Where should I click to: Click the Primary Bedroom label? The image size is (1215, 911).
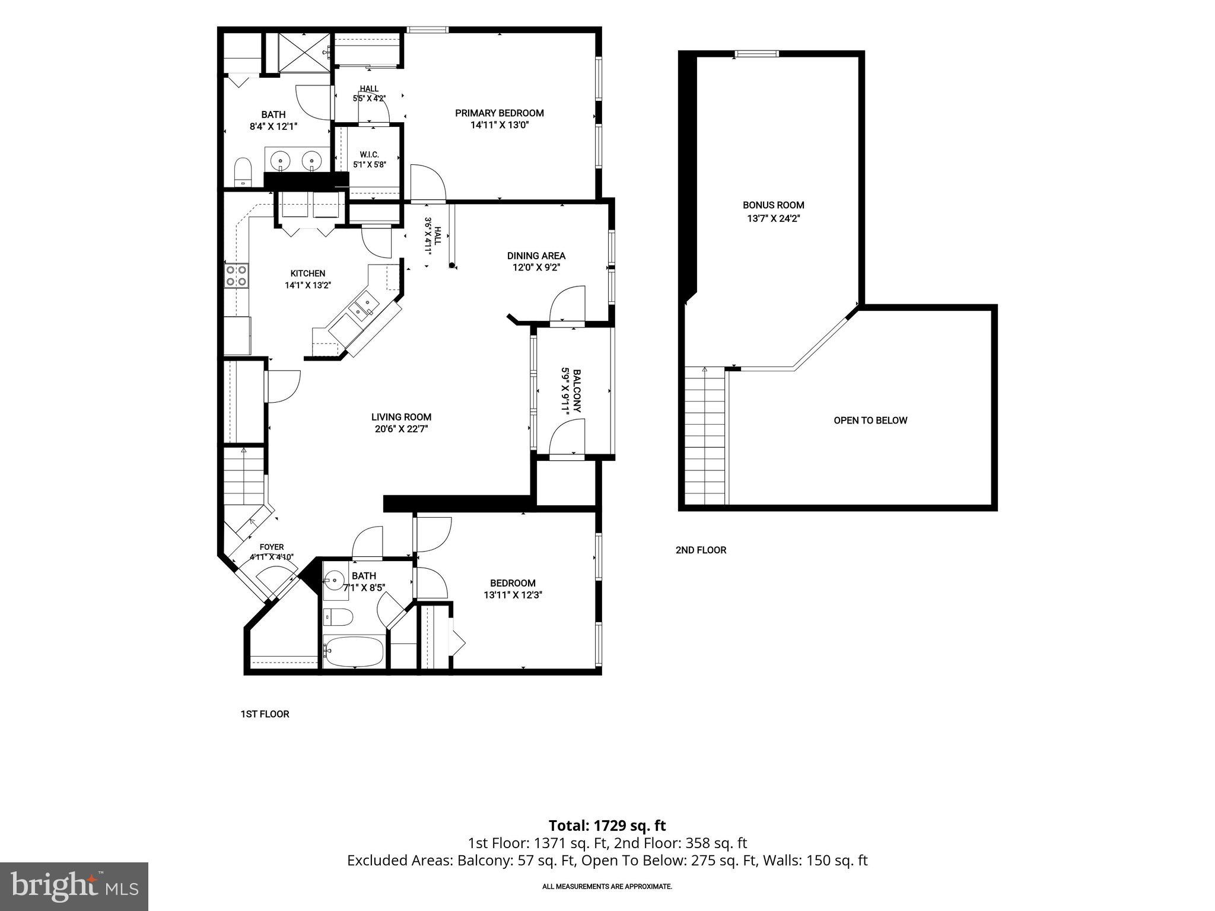(499, 113)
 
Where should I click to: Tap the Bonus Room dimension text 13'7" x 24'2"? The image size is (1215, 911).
(774, 218)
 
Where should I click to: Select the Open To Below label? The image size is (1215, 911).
(870, 421)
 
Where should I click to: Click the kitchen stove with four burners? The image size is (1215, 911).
(236, 276)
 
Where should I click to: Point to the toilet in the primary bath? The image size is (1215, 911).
(243, 173)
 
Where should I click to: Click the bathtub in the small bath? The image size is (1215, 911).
(354, 652)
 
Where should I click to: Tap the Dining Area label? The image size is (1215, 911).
(536, 256)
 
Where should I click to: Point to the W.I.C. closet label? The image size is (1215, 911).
(369, 155)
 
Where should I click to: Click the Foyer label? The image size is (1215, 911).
(272, 547)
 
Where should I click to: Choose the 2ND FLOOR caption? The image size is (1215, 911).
(701, 550)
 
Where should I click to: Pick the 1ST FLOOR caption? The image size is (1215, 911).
(265, 714)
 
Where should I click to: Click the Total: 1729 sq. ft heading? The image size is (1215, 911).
(607, 826)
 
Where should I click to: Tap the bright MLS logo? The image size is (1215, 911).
(74, 886)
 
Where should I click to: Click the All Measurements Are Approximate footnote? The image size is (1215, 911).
(607, 887)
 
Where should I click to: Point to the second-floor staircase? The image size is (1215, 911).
(706, 436)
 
